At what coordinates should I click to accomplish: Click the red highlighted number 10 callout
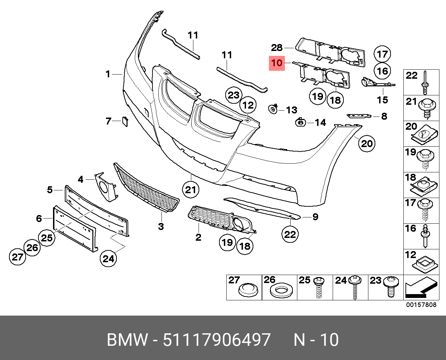coord(277,63)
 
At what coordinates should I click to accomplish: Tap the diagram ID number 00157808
coord(421,305)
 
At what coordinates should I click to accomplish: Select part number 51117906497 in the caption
coord(217,340)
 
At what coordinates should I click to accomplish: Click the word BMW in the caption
coord(127,340)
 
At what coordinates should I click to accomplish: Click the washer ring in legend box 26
coord(280,291)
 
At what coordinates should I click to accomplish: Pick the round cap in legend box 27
coord(250,290)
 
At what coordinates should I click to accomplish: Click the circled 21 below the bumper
coord(191,190)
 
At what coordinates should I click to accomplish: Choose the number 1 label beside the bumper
coord(108,74)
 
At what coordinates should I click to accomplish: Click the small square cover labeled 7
coord(124,121)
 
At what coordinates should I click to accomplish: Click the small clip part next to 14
coord(299,122)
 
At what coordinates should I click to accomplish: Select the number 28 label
coord(277,48)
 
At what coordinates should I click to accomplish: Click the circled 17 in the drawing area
coord(382,54)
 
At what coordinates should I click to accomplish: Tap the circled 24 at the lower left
coord(108,258)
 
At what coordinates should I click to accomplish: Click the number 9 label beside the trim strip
coord(315,217)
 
